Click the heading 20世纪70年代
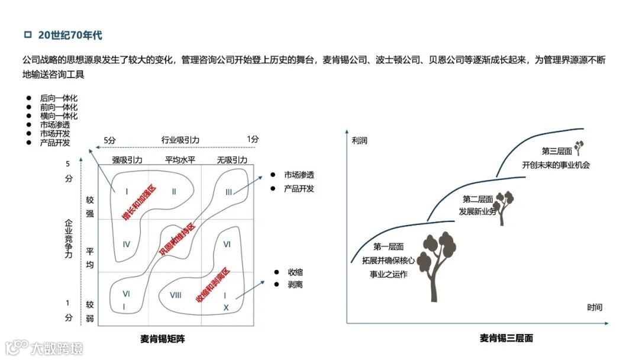pyautogui.click(x=70, y=36)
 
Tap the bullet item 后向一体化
pyautogui.click(x=59, y=98)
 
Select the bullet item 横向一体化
pyautogui.click(x=59, y=116)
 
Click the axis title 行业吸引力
pyautogui.click(x=180, y=140)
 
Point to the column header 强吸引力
pyautogui.click(x=127, y=160)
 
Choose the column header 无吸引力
pyautogui.click(x=232, y=160)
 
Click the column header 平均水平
pyautogui.click(x=180, y=160)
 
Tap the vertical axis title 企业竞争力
pyautogui.click(x=69, y=239)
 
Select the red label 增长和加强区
pyautogui.click(x=140, y=202)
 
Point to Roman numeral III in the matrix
pyautogui.click(x=229, y=192)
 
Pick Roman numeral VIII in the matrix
pyautogui.click(x=175, y=295)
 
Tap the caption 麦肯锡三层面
pyautogui.click(x=506, y=339)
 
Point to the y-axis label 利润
pyautogui.click(x=360, y=141)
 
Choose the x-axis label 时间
pyautogui.click(x=595, y=307)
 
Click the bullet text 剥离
pyautogui.click(x=296, y=285)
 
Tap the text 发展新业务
pyautogui.click(x=477, y=211)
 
